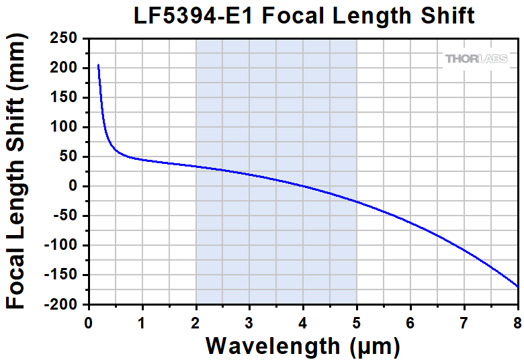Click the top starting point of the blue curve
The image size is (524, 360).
(98, 65)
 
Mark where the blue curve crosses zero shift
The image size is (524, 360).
(303, 186)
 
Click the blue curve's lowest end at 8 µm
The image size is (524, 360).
(517, 287)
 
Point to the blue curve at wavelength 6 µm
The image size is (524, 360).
(410, 222)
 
